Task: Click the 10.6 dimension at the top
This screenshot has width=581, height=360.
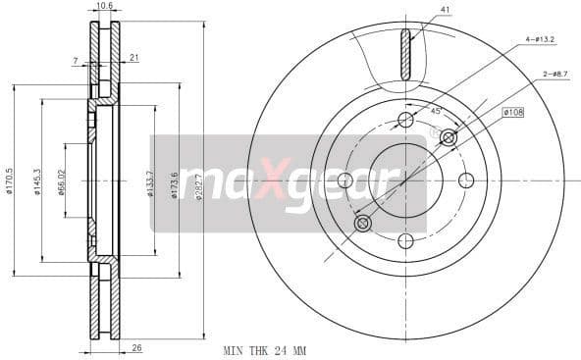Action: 105,6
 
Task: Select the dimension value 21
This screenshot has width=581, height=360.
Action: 133,58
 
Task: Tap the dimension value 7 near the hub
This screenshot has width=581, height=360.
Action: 75,61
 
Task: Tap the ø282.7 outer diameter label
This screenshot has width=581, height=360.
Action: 198,181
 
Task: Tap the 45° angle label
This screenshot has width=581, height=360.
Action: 436,111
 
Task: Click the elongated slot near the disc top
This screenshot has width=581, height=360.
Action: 405,54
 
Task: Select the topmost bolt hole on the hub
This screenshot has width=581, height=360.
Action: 405,120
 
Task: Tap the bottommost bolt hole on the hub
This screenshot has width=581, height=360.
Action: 405,241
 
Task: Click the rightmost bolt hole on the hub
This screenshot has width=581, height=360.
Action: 466,180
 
